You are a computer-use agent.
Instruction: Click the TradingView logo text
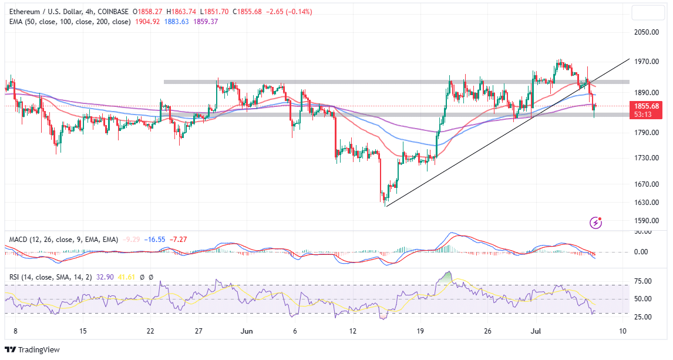click(39, 350)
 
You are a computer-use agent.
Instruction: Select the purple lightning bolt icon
click(596, 223)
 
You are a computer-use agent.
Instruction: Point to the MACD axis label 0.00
click(643, 251)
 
